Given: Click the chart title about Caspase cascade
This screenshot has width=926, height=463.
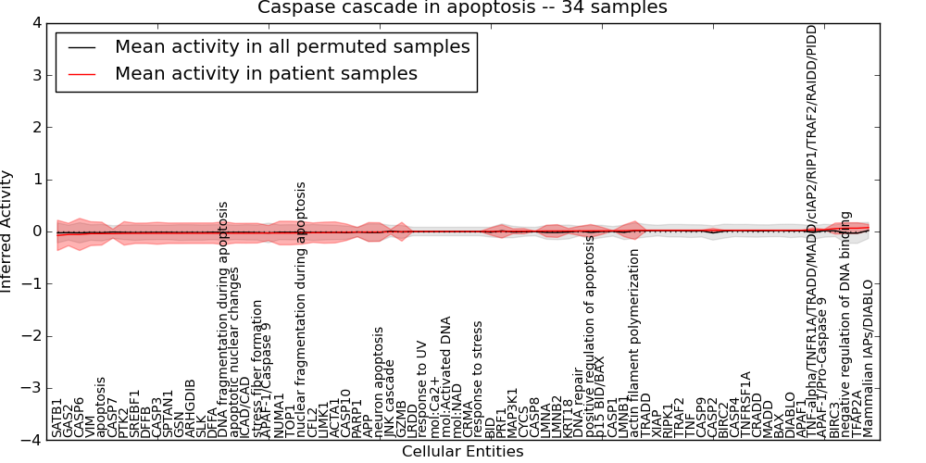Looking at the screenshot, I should (462, 8).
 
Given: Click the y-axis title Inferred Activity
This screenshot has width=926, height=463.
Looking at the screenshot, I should (8, 231).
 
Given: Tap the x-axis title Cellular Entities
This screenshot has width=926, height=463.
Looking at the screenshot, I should (462, 452).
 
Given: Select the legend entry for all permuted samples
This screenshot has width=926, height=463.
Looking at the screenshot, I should (292, 47).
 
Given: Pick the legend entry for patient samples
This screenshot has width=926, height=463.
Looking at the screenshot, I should (266, 74).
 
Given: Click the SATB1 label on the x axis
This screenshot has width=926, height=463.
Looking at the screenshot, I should (57, 419).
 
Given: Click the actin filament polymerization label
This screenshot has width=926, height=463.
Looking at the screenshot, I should (635, 342).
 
